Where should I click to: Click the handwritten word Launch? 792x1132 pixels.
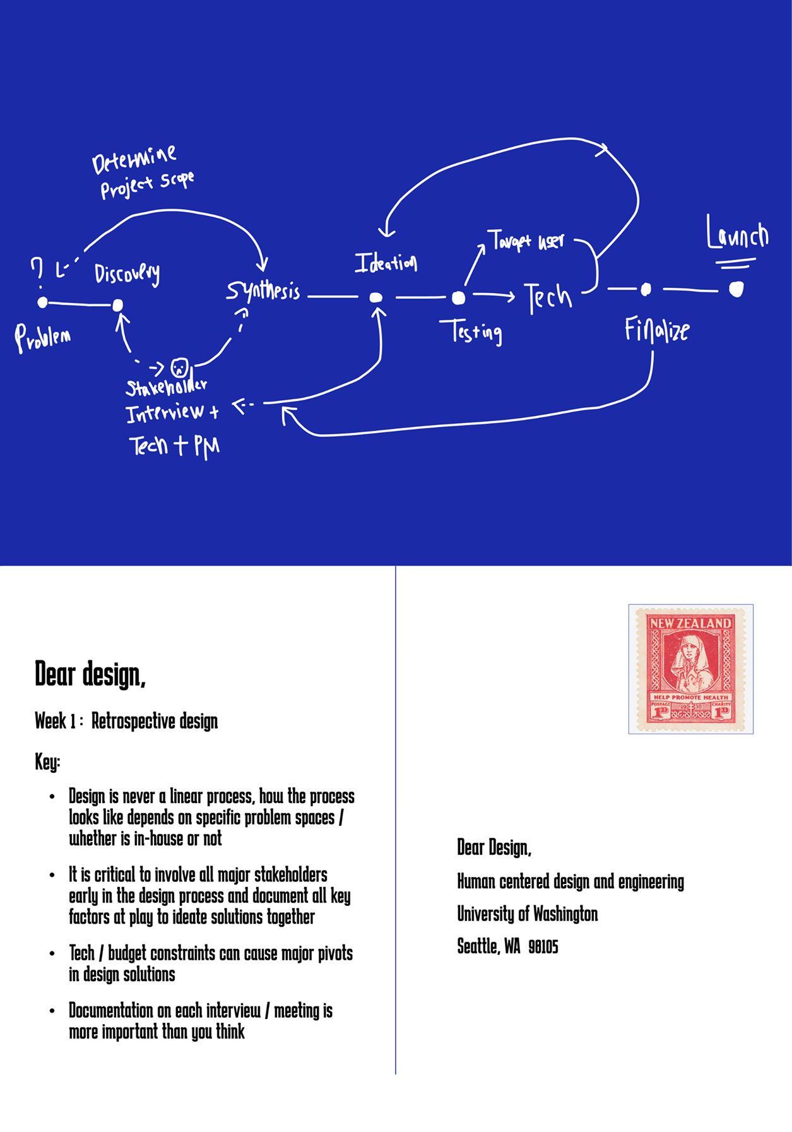[x=737, y=234]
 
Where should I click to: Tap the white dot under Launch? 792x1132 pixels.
[x=736, y=289]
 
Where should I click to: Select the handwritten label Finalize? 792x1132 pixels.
[x=656, y=330]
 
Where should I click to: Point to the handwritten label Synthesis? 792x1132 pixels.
[x=263, y=290]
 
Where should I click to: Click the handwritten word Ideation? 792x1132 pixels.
[x=386, y=262]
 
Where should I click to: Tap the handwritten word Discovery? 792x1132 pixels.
[x=127, y=273]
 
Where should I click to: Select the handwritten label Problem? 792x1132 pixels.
[x=42, y=338]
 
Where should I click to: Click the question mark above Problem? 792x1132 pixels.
[x=37, y=269]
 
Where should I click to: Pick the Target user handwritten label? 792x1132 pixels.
[x=526, y=241]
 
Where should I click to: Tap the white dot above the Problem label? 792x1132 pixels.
[x=42, y=302]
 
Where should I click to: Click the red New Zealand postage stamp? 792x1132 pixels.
[x=690, y=669]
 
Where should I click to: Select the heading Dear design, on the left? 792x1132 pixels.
[x=90, y=674]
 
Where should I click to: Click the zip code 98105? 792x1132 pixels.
[x=543, y=946]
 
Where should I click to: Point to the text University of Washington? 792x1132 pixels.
[x=527, y=914]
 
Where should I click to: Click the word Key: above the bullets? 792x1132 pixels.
[x=47, y=762]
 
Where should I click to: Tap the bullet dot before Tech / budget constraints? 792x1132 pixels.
[x=52, y=953]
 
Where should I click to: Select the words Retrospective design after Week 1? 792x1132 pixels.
[x=155, y=721]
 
